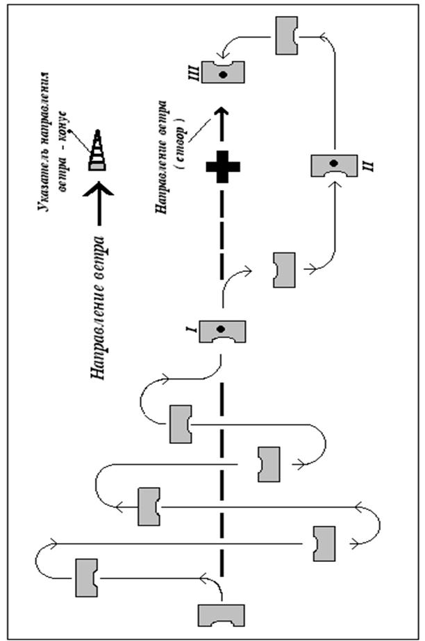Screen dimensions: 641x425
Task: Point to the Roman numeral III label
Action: click(x=196, y=72)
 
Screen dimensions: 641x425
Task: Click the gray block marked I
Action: click(x=223, y=331)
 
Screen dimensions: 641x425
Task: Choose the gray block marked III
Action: click(x=223, y=73)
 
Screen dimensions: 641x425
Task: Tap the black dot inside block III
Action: click(x=223, y=74)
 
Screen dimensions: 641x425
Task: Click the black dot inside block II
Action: click(x=334, y=162)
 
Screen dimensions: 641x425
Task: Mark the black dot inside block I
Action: click(x=222, y=327)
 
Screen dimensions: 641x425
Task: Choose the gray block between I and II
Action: click(x=284, y=271)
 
